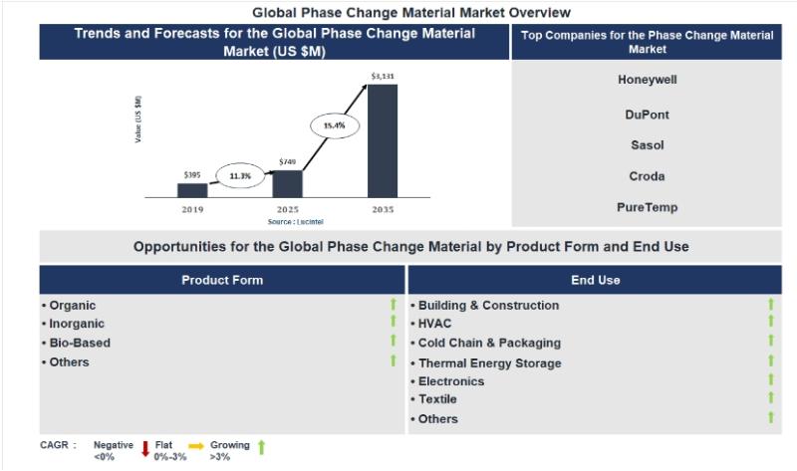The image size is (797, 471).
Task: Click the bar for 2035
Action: [x=383, y=140]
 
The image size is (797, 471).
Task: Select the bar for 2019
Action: [x=192, y=190]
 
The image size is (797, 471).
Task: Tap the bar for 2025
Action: [x=287, y=183]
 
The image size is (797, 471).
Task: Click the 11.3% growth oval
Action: [x=239, y=175]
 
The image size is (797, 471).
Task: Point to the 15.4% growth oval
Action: [x=334, y=125]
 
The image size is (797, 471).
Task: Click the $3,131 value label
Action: [x=383, y=76]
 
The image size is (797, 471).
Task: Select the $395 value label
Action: [x=192, y=174]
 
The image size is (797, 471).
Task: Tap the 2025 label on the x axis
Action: [x=287, y=210]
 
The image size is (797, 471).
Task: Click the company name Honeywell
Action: [x=647, y=80]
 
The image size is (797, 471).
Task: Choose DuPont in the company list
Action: [x=647, y=115]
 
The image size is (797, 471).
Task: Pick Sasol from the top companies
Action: [x=647, y=145]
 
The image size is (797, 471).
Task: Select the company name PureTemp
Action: [x=647, y=208]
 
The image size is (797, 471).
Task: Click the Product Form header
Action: [x=222, y=280]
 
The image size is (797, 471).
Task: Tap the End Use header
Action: [x=595, y=280]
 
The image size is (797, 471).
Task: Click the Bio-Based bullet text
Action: [x=80, y=343]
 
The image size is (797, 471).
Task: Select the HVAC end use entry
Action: [x=436, y=324]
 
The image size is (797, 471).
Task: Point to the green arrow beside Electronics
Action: [x=770, y=380]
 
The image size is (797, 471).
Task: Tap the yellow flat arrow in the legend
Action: [x=196, y=445]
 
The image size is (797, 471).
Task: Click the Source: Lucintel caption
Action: [x=288, y=221]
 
